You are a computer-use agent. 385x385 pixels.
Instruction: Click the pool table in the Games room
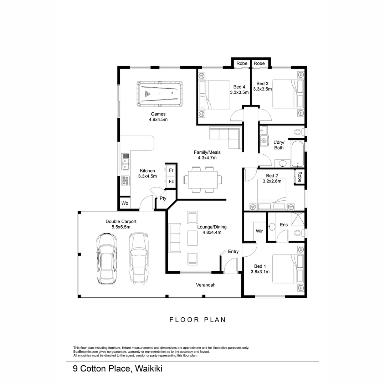[159, 94]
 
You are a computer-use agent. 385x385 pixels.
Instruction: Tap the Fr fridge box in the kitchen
[171, 170]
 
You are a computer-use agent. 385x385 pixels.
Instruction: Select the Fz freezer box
[171, 182]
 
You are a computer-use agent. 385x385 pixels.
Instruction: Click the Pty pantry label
[163, 199]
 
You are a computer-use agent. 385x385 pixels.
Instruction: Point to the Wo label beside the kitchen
[125, 203]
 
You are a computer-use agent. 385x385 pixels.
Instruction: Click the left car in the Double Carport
[107, 258]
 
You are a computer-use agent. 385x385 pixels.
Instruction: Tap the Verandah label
[206, 285]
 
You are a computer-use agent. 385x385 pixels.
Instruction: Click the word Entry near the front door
[233, 252]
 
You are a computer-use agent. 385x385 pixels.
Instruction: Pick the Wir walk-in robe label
[259, 231]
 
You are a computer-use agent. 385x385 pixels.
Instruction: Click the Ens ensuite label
[284, 225]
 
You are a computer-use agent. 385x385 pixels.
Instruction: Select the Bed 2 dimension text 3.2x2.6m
[272, 181]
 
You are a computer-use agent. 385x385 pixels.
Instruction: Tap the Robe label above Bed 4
[242, 63]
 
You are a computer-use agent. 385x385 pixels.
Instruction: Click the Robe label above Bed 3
[260, 63]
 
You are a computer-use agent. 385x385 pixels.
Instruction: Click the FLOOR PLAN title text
[197, 320]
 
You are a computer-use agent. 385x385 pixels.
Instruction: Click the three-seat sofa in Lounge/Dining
[175, 238]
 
